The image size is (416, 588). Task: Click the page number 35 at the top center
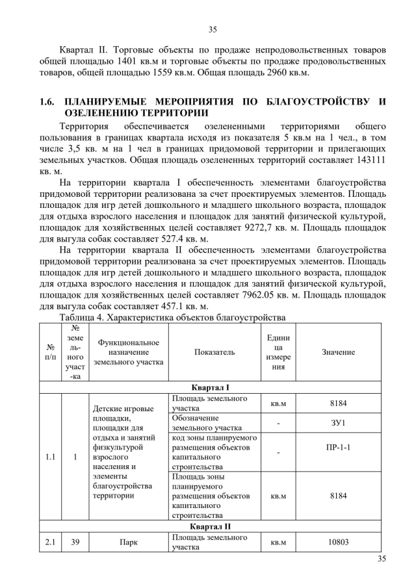(x=212, y=29)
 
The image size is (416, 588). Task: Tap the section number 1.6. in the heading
(x=47, y=102)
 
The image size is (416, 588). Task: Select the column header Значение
(x=338, y=352)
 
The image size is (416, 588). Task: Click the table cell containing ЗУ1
(x=338, y=423)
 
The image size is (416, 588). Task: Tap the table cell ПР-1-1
(x=338, y=448)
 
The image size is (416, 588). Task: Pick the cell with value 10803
(x=338, y=542)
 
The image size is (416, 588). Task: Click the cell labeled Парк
(x=129, y=542)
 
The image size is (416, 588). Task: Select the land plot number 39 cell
(x=75, y=542)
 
